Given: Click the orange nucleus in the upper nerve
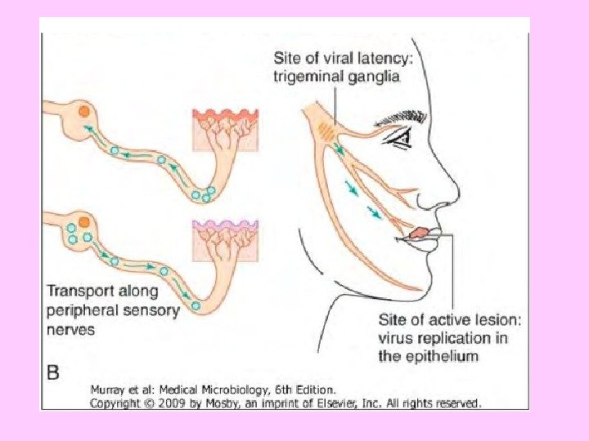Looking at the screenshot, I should point(83,112).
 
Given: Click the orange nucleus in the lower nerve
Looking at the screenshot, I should point(84,222).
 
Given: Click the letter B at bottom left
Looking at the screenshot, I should point(53,372).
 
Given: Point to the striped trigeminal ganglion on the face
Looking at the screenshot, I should point(326,131).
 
